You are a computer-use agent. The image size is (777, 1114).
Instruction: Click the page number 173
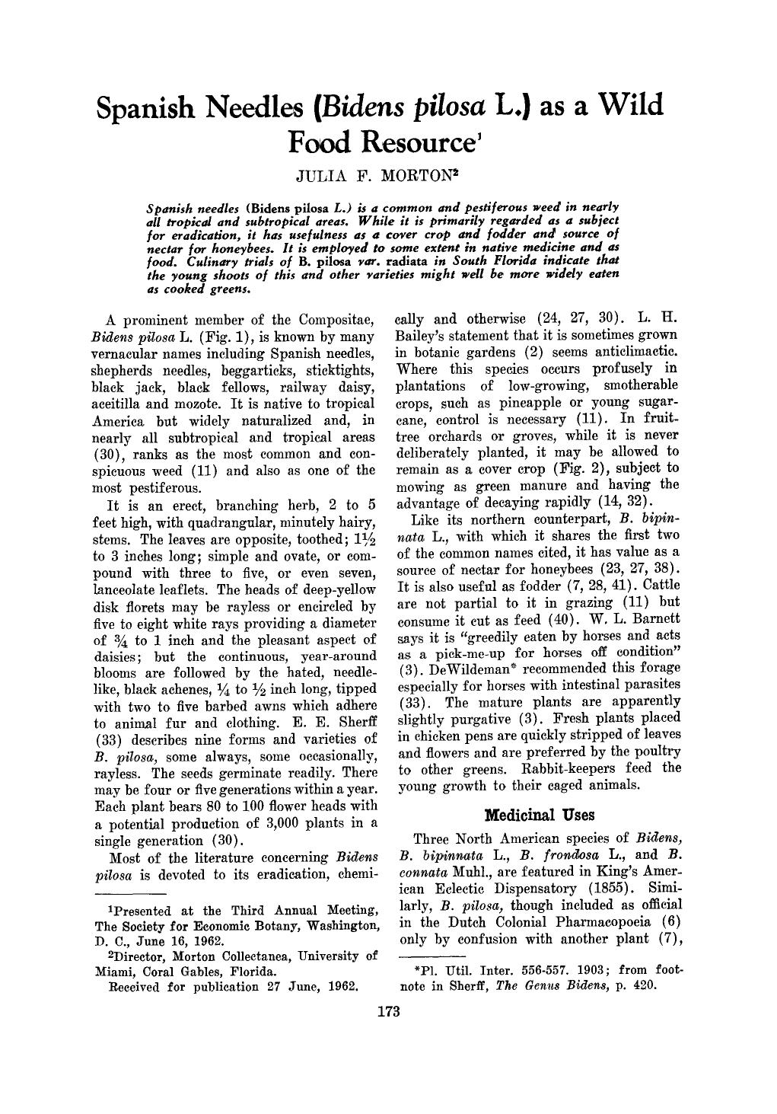pos(388,1011)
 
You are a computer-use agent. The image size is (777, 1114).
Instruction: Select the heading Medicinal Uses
pos(540,815)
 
